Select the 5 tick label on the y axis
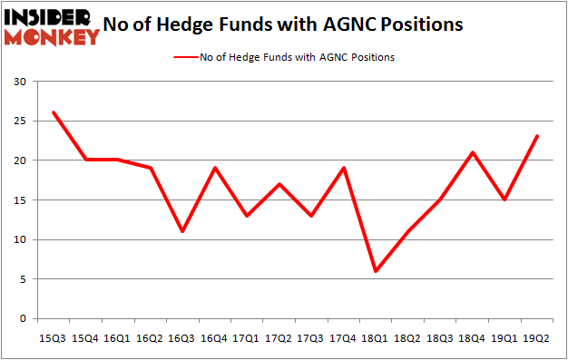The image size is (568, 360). [x=23, y=279]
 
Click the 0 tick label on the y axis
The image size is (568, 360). [x=23, y=319]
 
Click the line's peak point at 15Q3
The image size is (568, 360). [x=54, y=113]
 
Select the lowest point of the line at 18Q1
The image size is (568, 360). [x=376, y=271]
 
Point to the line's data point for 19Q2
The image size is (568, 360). [x=536, y=137]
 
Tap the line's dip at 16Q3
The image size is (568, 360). [x=182, y=231]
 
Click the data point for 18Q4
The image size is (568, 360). [x=472, y=152]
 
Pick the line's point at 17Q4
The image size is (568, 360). [x=343, y=169]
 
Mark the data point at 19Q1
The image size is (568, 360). [x=504, y=200]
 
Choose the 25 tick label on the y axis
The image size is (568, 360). [x=19, y=122]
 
